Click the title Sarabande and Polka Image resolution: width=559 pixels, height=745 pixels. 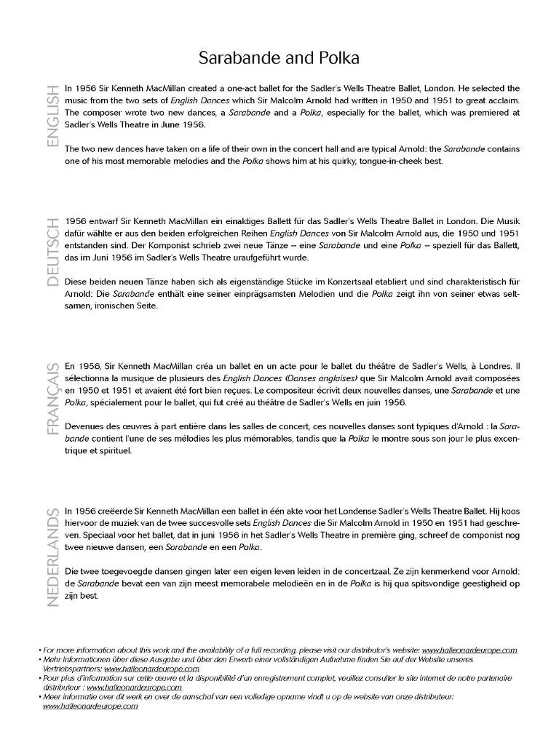279,57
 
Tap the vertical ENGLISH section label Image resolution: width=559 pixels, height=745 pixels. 52,116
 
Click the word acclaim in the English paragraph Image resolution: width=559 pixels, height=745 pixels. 502,100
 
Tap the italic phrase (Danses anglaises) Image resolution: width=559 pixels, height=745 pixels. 320,378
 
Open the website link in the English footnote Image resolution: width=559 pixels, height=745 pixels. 469,650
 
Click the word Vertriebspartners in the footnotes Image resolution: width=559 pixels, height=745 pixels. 73,668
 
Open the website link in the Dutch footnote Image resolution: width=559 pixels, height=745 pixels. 90,706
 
